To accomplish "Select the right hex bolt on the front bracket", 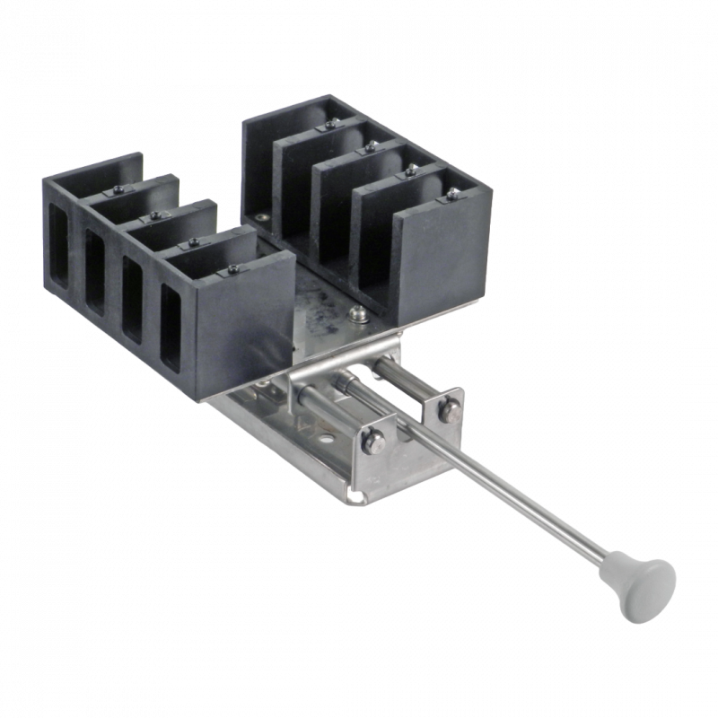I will click(446, 411).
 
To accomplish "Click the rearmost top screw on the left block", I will click(119, 191).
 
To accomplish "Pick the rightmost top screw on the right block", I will click(451, 191).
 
